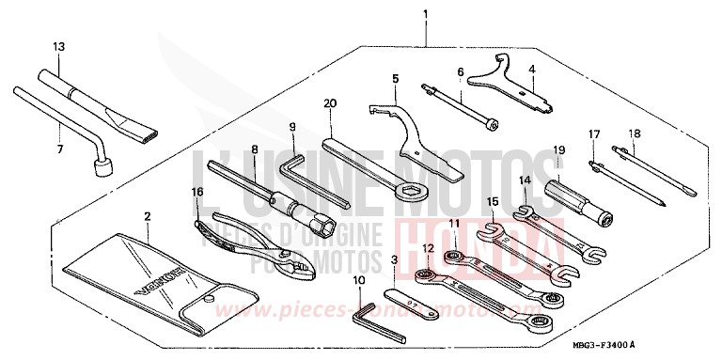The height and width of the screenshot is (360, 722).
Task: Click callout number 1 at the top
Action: [425, 14]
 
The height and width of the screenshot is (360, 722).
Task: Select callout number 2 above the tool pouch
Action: [148, 217]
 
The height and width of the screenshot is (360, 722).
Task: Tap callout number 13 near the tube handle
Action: [59, 46]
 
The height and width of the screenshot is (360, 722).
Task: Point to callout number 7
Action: [58, 149]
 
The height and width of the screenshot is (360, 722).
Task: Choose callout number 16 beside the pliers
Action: [196, 191]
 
